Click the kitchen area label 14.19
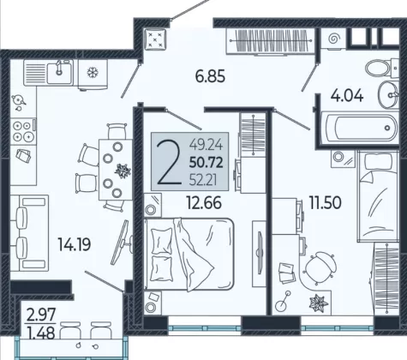click(75, 244)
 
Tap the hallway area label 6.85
click(210, 76)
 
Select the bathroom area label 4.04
click(347, 95)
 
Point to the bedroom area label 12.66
click(204, 202)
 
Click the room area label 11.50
click(326, 203)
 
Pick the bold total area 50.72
click(206, 163)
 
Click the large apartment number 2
click(169, 162)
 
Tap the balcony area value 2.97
click(40, 315)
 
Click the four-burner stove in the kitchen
click(24, 131)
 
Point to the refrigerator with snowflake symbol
click(93, 74)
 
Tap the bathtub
click(360, 128)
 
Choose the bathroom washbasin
click(389, 94)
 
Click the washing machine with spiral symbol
click(332, 39)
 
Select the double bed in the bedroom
click(189, 255)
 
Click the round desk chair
click(320, 267)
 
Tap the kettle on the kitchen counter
click(18, 100)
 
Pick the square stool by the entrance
click(155, 39)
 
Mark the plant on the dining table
click(123, 171)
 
